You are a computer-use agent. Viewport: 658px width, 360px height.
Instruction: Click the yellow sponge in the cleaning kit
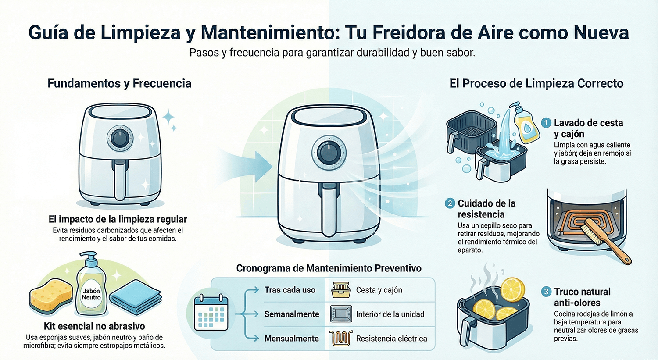pyautogui.click(x=51, y=295)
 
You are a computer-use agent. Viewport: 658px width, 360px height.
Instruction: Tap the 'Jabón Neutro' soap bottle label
pyautogui.click(x=91, y=294)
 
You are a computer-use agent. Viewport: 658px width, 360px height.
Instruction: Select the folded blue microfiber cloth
pyautogui.click(x=135, y=295)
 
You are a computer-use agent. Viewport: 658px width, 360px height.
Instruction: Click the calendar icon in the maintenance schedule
pyautogui.click(x=211, y=313)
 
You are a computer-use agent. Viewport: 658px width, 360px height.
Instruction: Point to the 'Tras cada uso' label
pyautogui.click(x=290, y=290)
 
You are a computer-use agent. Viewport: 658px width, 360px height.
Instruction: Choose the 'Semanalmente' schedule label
pyautogui.click(x=291, y=314)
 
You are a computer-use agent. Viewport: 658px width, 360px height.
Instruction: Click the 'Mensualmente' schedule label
pyautogui.click(x=291, y=339)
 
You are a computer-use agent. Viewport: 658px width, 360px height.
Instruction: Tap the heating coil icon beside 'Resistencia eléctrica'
pyautogui.click(x=341, y=339)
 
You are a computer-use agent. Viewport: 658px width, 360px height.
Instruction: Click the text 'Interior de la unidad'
pyautogui.click(x=390, y=314)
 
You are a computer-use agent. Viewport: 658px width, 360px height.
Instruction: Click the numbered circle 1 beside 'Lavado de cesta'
pyautogui.click(x=546, y=123)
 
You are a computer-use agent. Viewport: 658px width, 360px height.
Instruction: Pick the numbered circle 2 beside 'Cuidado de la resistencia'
pyautogui.click(x=450, y=203)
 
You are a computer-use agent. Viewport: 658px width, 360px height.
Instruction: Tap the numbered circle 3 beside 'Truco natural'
pyautogui.click(x=546, y=292)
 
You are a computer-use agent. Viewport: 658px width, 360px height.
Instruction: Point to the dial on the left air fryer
pyautogui.click(x=120, y=139)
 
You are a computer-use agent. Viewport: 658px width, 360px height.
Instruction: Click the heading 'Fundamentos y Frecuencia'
pyautogui.click(x=119, y=83)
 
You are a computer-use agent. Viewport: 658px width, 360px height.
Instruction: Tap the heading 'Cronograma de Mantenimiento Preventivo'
pyautogui.click(x=329, y=268)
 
